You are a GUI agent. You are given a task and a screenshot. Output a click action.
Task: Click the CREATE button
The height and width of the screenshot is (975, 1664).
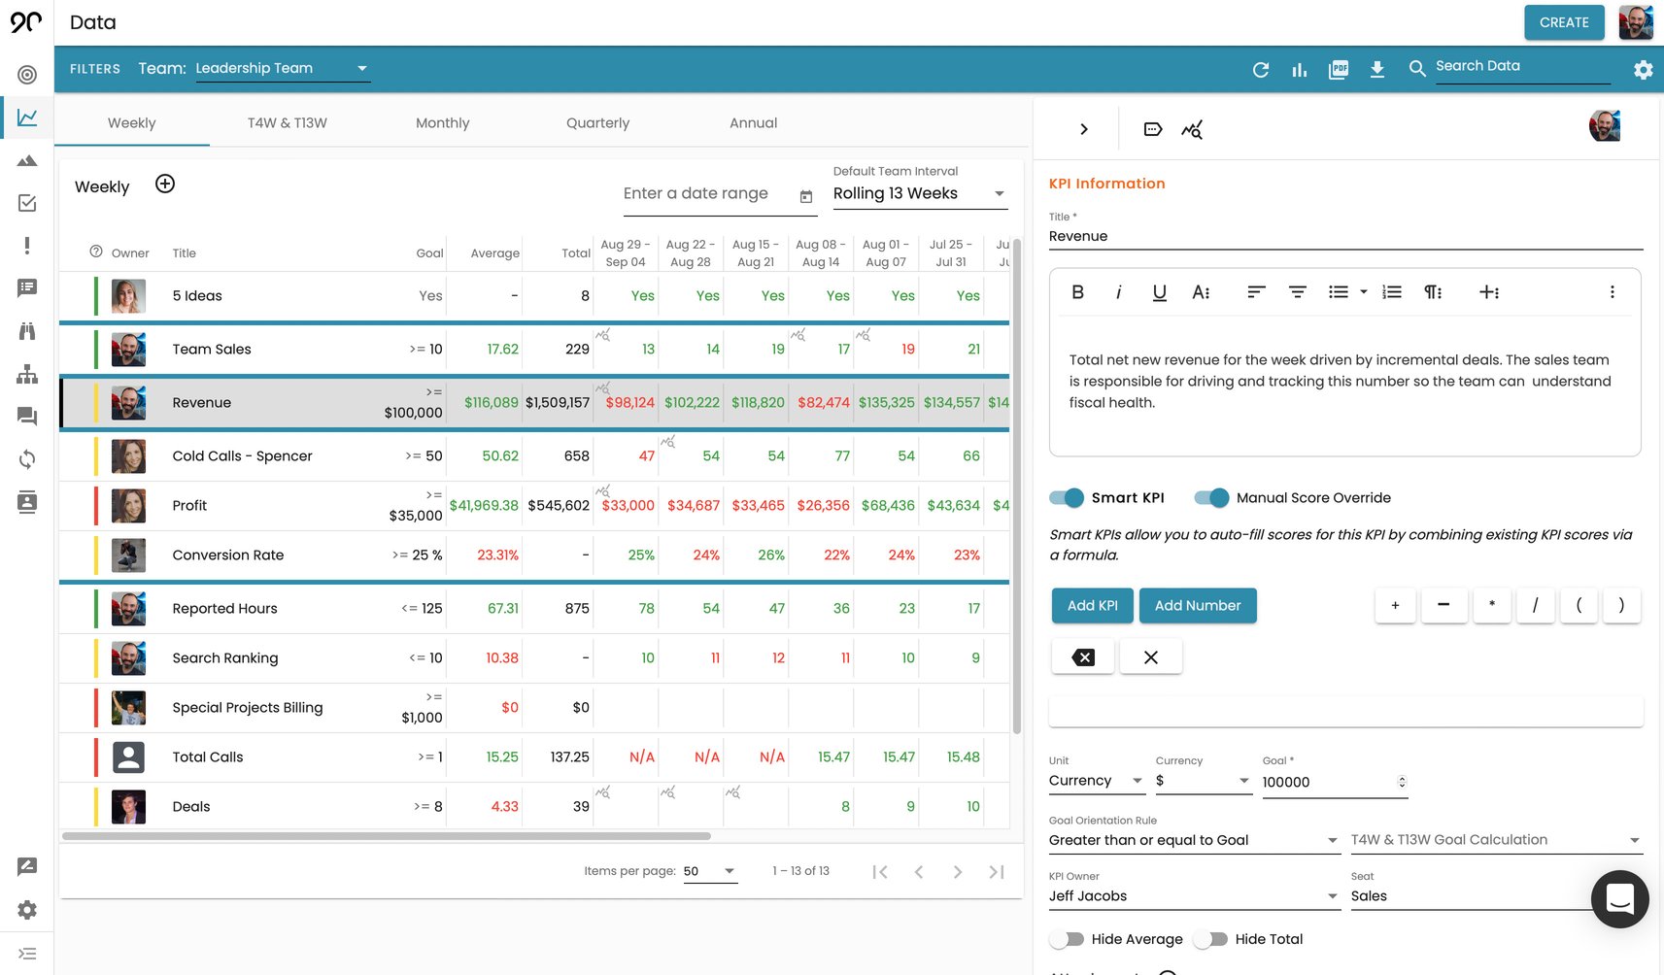click(1563, 22)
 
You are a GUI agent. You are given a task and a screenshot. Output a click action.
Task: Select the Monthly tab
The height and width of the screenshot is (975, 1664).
click(442, 123)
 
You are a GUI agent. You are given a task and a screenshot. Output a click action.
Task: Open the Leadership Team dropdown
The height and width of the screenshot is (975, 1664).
click(282, 68)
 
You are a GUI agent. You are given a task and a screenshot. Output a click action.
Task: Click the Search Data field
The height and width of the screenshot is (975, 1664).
click(1520, 66)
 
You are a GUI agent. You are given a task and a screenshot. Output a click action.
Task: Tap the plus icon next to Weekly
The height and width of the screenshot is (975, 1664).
click(165, 185)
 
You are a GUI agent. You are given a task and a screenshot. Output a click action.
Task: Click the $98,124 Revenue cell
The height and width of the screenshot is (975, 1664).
click(628, 402)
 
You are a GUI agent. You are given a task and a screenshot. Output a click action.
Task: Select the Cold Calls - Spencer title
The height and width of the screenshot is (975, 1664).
click(242, 455)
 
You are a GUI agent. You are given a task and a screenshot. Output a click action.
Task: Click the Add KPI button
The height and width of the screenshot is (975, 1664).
click(1092, 605)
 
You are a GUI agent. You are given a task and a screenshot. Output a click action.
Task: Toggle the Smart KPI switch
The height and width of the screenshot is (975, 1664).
click(1067, 497)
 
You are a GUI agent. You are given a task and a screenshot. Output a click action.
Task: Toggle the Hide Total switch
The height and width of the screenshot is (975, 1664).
click(1210, 939)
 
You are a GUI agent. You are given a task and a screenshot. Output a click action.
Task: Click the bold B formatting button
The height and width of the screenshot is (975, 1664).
click(1077, 292)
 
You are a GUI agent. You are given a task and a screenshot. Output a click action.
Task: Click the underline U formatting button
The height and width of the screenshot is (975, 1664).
click(1159, 292)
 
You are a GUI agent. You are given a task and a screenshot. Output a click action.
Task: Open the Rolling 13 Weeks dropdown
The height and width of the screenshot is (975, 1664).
click(918, 193)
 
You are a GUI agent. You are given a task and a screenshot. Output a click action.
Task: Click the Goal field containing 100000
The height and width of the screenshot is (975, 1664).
click(1326, 782)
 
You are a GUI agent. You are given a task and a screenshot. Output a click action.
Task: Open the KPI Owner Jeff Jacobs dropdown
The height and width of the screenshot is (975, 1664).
click(1193, 896)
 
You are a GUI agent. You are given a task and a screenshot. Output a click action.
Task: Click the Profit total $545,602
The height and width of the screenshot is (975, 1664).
click(559, 505)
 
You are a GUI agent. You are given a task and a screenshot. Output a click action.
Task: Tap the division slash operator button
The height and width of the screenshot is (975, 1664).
click(1535, 605)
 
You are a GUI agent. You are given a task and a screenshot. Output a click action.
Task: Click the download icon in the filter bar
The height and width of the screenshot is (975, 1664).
click(1376, 69)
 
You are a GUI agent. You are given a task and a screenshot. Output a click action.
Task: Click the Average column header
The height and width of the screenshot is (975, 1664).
click(494, 253)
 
